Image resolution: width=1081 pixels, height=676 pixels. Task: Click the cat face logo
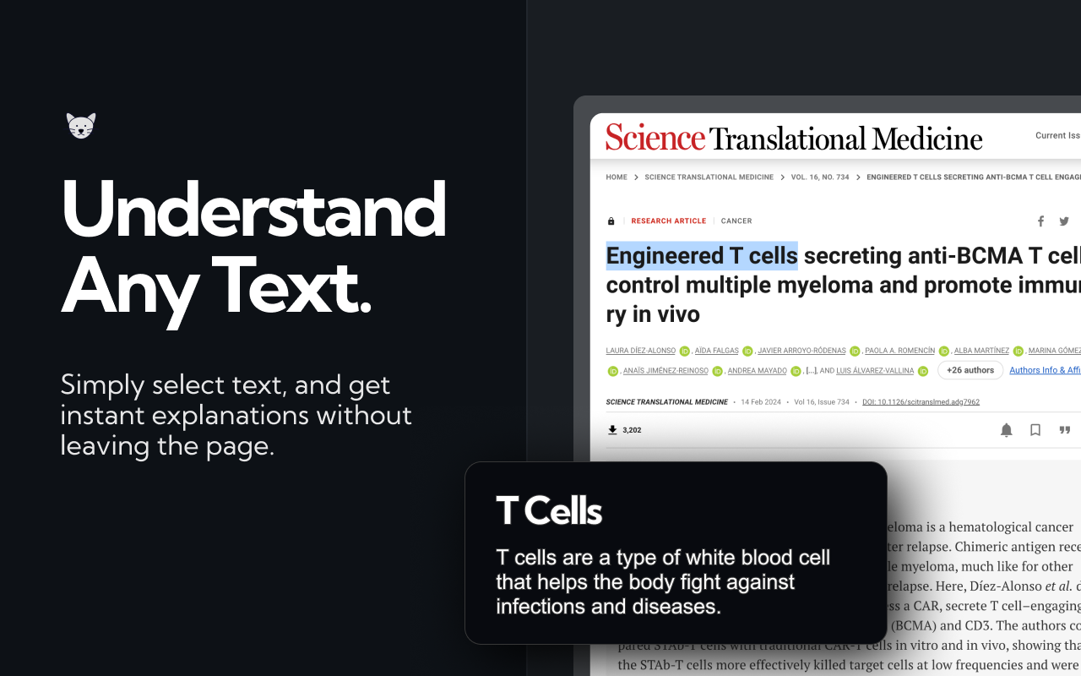tap(81, 126)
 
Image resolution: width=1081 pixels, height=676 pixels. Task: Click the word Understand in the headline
tap(253, 209)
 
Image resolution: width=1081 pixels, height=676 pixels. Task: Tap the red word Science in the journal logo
tap(655, 137)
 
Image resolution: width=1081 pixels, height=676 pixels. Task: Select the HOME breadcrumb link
tap(617, 177)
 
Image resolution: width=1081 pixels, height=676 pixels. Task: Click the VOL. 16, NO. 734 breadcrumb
tap(820, 177)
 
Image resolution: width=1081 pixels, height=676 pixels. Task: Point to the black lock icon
tap(611, 221)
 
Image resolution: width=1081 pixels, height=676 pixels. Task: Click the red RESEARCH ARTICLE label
tap(668, 221)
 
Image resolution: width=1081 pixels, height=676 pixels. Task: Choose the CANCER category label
tap(736, 221)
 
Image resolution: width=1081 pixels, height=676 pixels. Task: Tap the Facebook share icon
tap(1040, 221)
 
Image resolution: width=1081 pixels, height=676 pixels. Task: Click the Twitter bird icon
tap(1064, 221)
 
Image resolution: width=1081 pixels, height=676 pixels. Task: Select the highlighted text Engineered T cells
tap(702, 255)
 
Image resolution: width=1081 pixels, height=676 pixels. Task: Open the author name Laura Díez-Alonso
tap(640, 351)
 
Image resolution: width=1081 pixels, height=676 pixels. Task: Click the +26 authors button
tap(970, 370)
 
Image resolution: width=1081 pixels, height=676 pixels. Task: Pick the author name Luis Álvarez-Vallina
tap(875, 371)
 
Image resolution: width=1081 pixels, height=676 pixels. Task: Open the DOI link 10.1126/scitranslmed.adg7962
tap(921, 402)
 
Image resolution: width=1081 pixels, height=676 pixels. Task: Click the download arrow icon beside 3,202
tap(612, 430)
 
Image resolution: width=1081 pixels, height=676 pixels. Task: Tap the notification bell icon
tap(1007, 430)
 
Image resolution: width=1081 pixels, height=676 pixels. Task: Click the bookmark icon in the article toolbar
tap(1035, 430)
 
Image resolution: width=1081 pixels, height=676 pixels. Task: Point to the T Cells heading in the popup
tap(549, 510)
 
